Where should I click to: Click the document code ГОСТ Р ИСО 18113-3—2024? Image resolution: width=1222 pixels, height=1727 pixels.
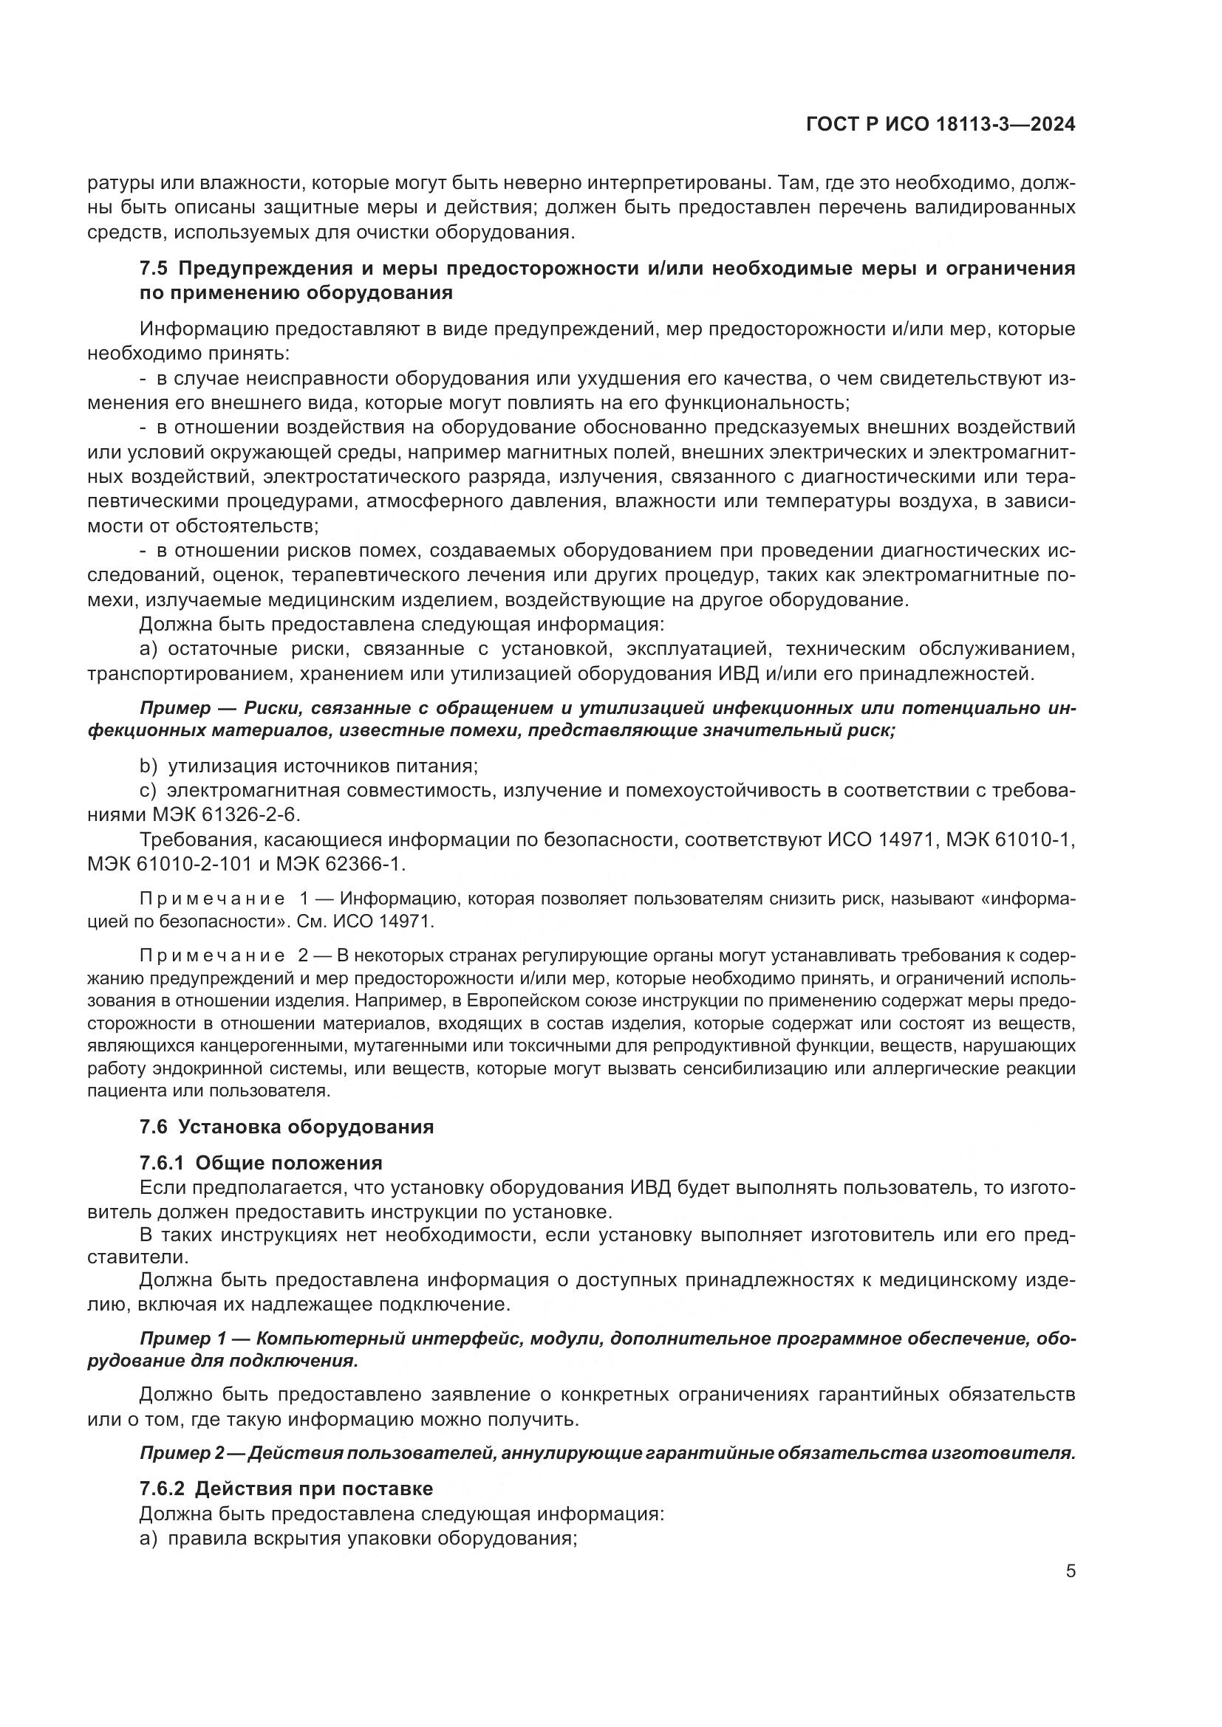pos(940,125)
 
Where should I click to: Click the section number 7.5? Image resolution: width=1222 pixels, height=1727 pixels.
pos(154,269)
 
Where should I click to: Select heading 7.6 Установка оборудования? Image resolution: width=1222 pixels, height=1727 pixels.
pos(287,1127)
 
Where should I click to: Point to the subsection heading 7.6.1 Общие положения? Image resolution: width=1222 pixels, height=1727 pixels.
pos(261,1163)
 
